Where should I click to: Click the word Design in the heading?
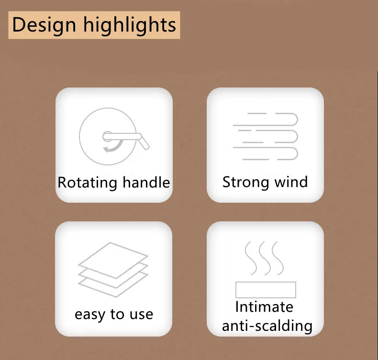click(x=44, y=25)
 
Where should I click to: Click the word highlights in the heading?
click(x=130, y=25)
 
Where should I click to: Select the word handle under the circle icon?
click(x=146, y=182)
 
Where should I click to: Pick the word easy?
click(x=90, y=315)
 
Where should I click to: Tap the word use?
click(x=141, y=315)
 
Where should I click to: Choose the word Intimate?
click(x=264, y=307)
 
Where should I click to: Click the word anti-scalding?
click(x=267, y=326)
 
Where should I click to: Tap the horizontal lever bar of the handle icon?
click(x=122, y=137)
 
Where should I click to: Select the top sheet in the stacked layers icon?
click(x=113, y=260)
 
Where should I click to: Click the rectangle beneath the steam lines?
click(x=266, y=290)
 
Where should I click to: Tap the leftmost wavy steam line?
click(x=251, y=258)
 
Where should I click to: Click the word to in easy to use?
click(x=117, y=314)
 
